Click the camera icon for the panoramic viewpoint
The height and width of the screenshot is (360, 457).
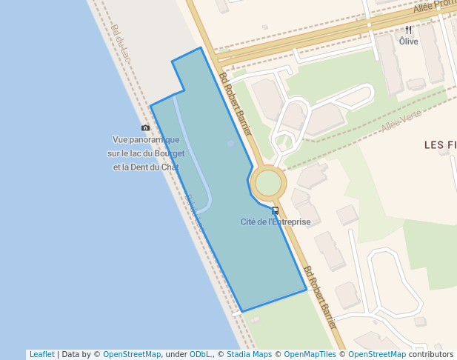[145, 128]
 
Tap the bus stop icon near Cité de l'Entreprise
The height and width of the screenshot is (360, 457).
[275, 210]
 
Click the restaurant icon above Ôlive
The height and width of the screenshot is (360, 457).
[408, 30]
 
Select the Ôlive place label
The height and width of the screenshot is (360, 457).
[408, 41]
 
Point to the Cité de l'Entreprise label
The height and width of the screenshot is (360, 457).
[275, 221]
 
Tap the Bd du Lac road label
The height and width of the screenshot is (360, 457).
[121, 43]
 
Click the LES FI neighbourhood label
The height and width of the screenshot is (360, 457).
[440, 145]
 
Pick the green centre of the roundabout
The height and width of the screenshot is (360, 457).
[268, 183]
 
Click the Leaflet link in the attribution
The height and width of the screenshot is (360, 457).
[41, 355]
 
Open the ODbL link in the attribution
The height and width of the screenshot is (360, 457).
[199, 355]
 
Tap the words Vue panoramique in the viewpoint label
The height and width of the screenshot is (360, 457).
[146, 139]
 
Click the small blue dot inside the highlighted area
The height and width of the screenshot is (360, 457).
[231, 143]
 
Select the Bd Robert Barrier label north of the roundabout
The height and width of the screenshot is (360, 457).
[236, 104]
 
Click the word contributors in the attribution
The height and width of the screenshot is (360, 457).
[430, 355]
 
